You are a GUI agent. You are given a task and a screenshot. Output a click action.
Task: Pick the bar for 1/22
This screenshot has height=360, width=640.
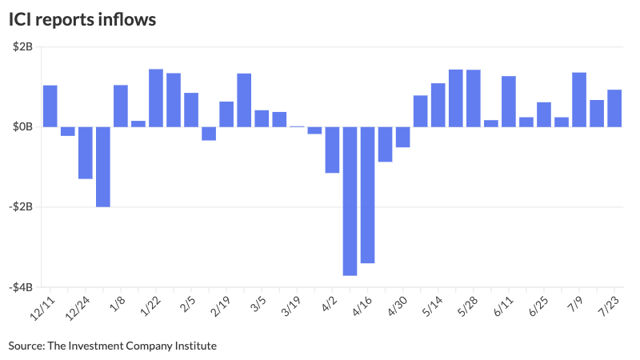click(x=156, y=98)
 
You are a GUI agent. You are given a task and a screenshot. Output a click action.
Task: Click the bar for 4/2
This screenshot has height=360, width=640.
click(x=332, y=150)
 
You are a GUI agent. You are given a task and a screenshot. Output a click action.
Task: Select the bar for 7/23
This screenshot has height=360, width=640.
click(x=614, y=108)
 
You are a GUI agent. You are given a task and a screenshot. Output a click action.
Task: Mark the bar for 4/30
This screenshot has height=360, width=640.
click(x=402, y=137)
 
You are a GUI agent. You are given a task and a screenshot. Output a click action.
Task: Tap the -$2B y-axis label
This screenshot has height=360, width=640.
click(x=22, y=206)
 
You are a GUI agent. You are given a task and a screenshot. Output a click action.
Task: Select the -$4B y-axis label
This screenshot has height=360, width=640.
click(x=22, y=286)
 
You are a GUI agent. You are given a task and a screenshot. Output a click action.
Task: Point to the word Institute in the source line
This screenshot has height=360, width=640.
click(x=194, y=346)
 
